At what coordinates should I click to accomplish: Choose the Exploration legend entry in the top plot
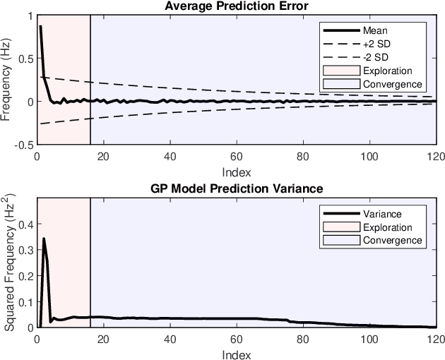[387, 71]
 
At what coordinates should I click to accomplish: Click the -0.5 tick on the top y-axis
[23, 144]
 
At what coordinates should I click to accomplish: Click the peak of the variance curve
[44, 239]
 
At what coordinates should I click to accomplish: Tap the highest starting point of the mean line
[40, 26]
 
